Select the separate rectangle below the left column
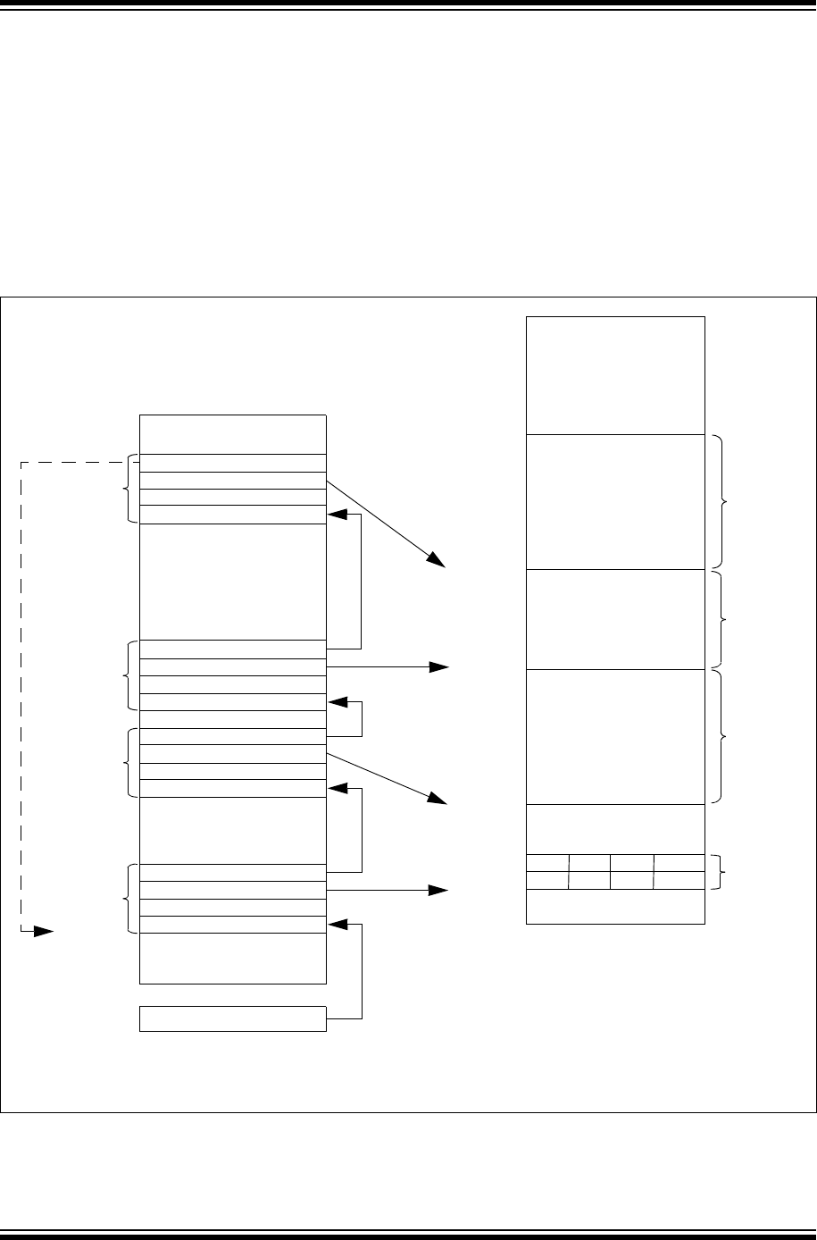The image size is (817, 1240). tap(233, 1018)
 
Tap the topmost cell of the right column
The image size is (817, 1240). tap(615, 375)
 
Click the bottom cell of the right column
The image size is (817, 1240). tap(615, 907)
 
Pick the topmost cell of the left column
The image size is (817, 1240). tap(233, 434)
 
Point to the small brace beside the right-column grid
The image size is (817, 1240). tap(721, 872)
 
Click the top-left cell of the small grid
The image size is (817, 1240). tap(547, 863)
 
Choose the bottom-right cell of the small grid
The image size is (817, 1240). tap(679, 881)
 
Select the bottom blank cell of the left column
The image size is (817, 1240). tap(233, 958)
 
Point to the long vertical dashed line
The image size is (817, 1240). tap(21, 697)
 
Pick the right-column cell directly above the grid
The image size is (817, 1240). tap(615, 830)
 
